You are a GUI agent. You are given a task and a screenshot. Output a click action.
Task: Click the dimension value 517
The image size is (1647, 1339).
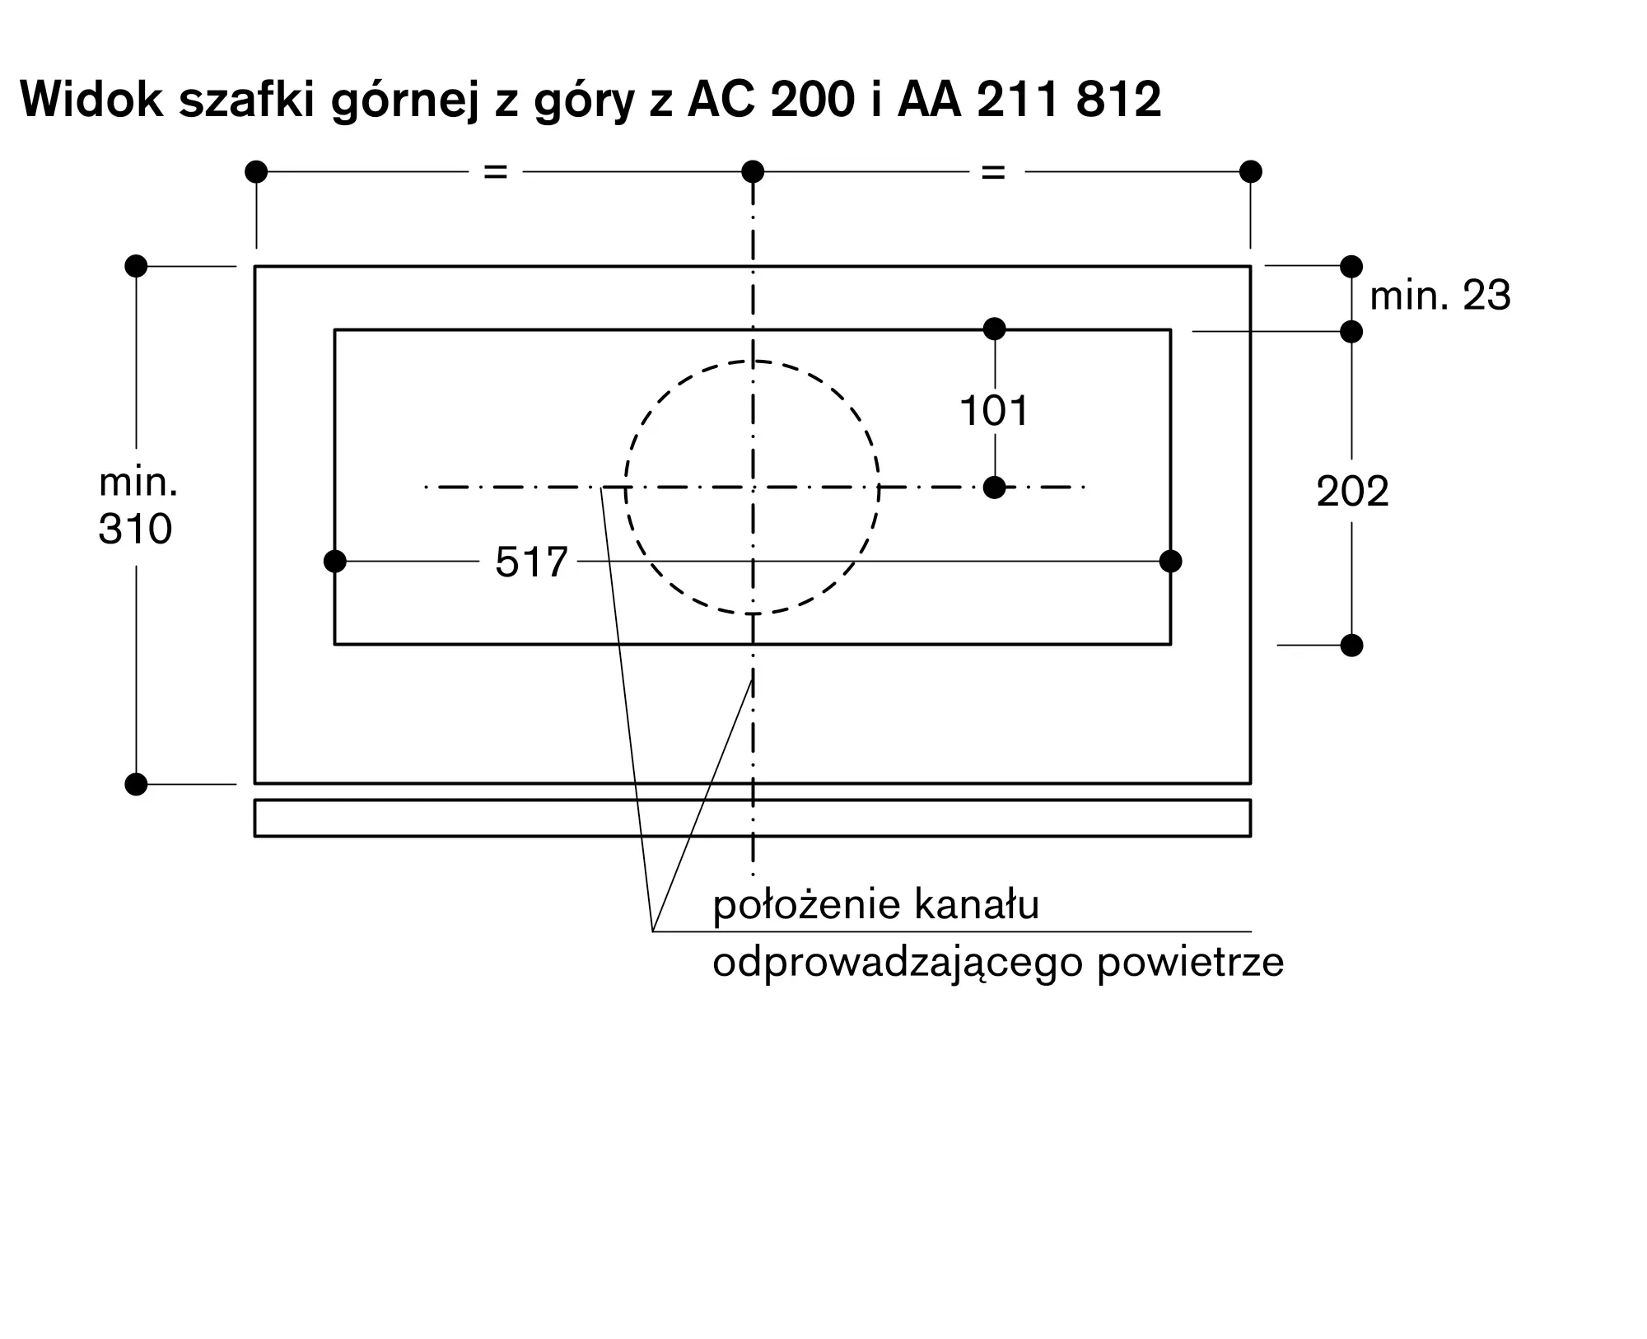pyautogui.click(x=531, y=562)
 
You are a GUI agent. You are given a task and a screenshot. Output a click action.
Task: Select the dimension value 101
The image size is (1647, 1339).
pyautogui.click(x=994, y=410)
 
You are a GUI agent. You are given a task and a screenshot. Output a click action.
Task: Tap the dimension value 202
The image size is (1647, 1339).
pyautogui.click(x=1352, y=492)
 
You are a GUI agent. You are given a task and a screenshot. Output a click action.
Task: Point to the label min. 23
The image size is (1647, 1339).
pyautogui.click(x=1439, y=296)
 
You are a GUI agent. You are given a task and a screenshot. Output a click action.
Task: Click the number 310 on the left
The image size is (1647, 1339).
pyautogui.click(x=135, y=529)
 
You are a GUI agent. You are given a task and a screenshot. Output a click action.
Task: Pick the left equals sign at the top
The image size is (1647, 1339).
pyautogui.click(x=495, y=172)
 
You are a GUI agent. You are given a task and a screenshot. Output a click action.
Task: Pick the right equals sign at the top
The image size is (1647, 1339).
pyautogui.click(x=993, y=172)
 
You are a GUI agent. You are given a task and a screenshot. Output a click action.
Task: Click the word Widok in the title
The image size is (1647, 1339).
pyautogui.click(x=91, y=100)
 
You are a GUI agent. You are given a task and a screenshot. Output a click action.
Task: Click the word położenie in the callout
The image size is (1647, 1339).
pyautogui.click(x=806, y=905)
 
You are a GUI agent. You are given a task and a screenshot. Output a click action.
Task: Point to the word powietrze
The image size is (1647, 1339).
pyautogui.click(x=1190, y=962)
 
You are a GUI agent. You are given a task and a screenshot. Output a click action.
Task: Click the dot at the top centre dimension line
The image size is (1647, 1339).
pyautogui.click(x=753, y=172)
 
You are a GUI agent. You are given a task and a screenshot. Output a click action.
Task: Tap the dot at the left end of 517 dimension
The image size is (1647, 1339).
pyautogui.click(x=335, y=562)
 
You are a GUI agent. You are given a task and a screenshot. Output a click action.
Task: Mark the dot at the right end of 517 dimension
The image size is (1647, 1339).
pyautogui.click(x=1170, y=562)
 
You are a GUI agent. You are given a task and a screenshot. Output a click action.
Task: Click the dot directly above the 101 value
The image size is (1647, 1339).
pyautogui.click(x=995, y=329)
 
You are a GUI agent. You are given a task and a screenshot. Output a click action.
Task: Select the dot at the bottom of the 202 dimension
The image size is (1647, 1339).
pyautogui.click(x=1351, y=645)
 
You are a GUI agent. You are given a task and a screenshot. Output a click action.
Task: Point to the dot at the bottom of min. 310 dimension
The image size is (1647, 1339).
pyautogui.click(x=136, y=784)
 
